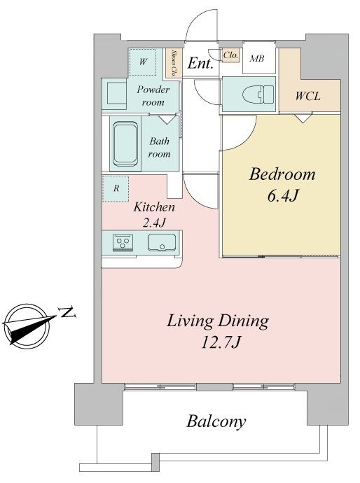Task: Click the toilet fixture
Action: pyautogui.click(x=258, y=94)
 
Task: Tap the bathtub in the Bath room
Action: pyautogui.click(x=125, y=144)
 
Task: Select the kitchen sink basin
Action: pyautogui.click(x=162, y=242)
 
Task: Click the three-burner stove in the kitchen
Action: pyautogui.click(x=123, y=242)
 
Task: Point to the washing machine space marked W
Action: pyautogui.click(x=142, y=62)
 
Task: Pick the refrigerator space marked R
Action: pyautogui.click(x=116, y=188)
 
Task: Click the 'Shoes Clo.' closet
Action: pyautogui.click(x=173, y=63)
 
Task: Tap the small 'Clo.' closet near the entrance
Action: pyautogui.click(x=230, y=55)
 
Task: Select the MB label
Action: pyautogui.click(x=257, y=58)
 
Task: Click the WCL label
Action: pyautogui.click(x=307, y=96)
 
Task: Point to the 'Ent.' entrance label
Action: pyautogui.click(x=200, y=64)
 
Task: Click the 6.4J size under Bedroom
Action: pyautogui.click(x=283, y=195)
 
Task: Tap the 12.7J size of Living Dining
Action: pyautogui.click(x=221, y=342)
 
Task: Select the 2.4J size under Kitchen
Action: pyautogui.click(x=154, y=222)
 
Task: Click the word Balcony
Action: pyautogui.click(x=216, y=421)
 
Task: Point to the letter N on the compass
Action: pyautogui.click(x=67, y=312)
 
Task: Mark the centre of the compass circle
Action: pyautogui.click(x=26, y=326)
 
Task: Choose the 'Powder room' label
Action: pyautogui.click(x=153, y=96)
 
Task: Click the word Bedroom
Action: pyautogui.click(x=282, y=174)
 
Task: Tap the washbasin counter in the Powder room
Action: pyautogui.click(x=114, y=94)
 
